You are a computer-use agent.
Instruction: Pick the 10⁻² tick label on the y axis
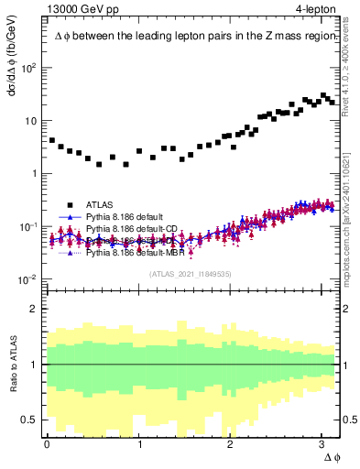tap(29, 279)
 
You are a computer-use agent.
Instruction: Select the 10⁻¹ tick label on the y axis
tap(29, 227)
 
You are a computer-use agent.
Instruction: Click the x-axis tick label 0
tap(48, 443)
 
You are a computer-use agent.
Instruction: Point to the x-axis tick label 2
tap(231, 443)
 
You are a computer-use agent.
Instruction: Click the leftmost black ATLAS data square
tap(52, 140)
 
